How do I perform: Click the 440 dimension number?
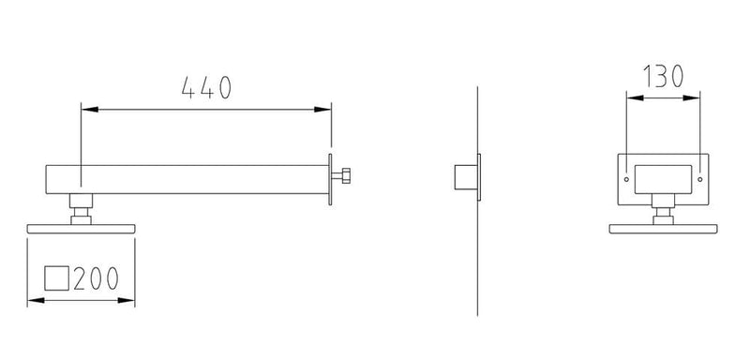tap(206, 88)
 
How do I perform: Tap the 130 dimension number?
tap(663, 77)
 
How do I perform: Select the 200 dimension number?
tap(96, 278)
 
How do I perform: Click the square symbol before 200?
tap(57, 278)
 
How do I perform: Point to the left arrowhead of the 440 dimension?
tap(90, 110)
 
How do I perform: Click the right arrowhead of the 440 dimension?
tap(322, 110)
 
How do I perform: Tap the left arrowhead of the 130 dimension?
tap(636, 98)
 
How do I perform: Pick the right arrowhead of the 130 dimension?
tap(691, 98)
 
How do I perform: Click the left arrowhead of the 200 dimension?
tap(37, 300)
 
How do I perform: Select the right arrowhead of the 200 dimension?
tap(126, 300)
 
